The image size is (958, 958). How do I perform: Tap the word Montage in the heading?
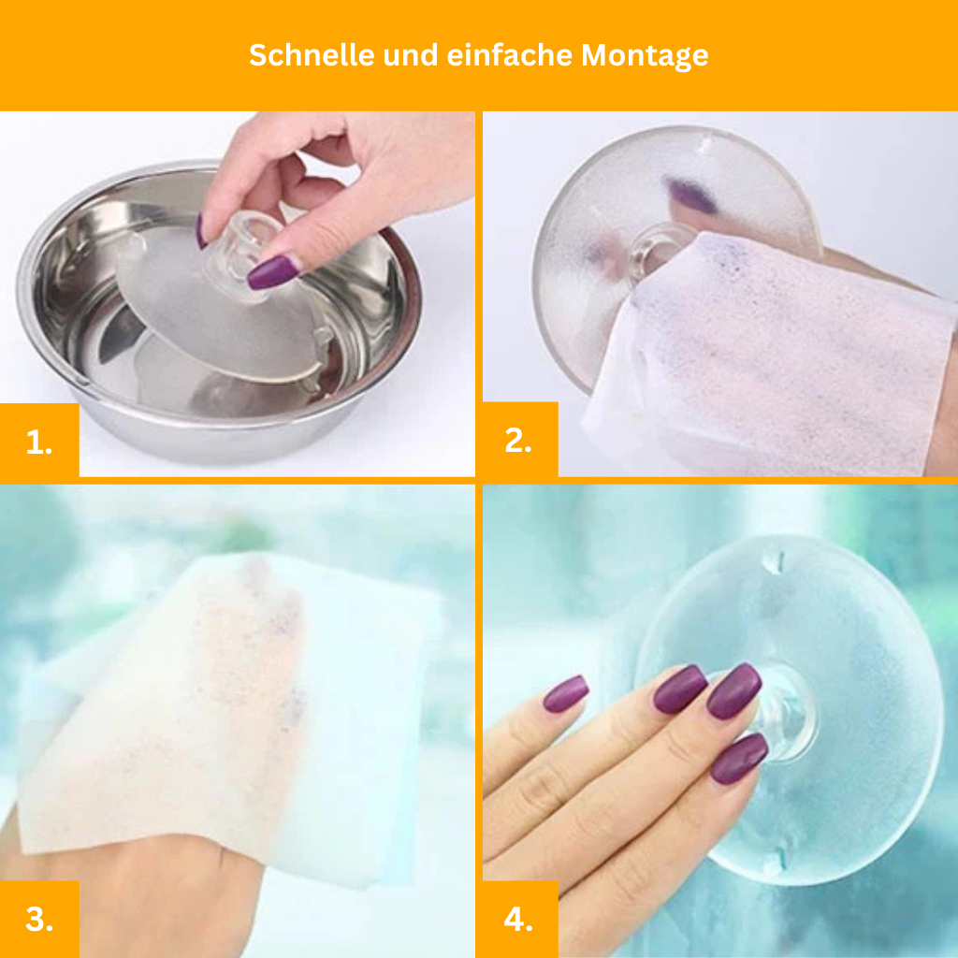pos(645,56)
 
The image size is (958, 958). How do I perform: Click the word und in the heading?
pos(411,55)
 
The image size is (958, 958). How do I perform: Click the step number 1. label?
pos(39,442)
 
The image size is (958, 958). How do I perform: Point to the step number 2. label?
pos(518,441)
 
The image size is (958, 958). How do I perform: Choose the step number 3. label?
pos(39,919)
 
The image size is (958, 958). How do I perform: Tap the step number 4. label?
pos(518,919)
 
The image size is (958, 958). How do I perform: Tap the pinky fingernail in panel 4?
pos(566,693)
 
